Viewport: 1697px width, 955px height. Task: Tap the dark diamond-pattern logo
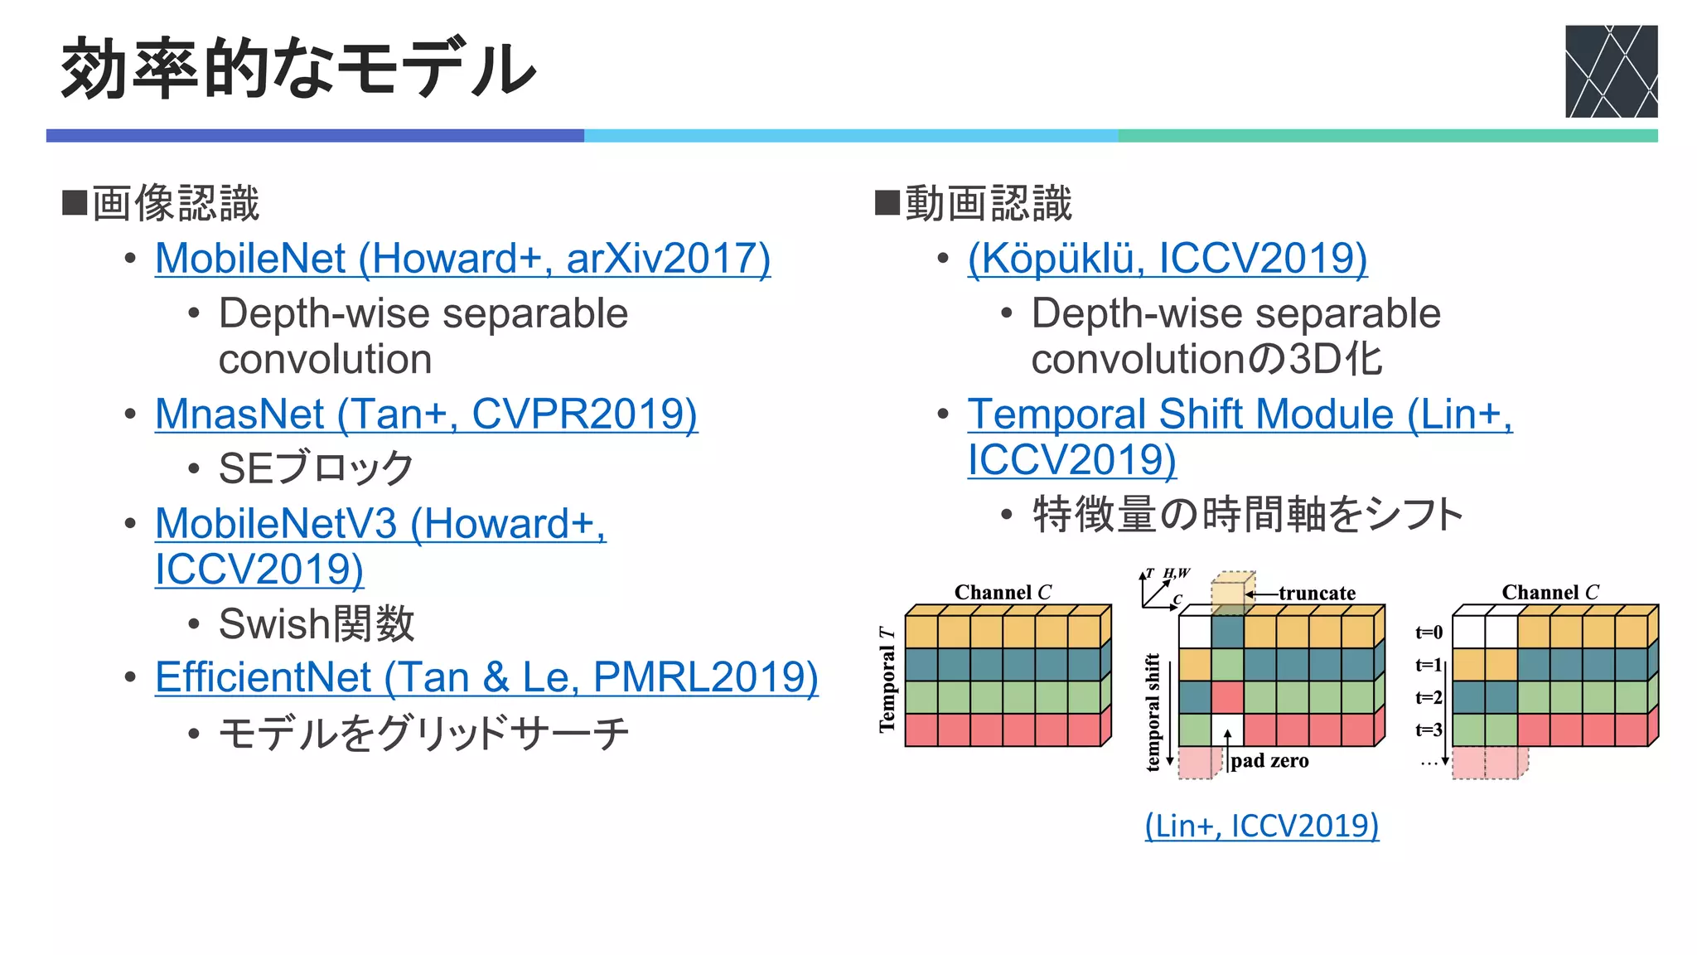(x=1611, y=71)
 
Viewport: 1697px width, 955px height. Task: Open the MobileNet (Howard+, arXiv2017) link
(x=462, y=259)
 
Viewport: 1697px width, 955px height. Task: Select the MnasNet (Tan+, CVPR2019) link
(x=426, y=414)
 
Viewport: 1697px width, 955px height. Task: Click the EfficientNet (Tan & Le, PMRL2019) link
(x=486, y=677)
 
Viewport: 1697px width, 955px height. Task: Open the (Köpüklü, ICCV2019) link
(x=1167, y=259)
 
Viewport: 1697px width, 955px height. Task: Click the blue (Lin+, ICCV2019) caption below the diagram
(x=1261, y=826)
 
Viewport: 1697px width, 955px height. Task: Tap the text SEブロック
(x=316, y=468)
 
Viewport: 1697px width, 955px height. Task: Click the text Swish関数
(x=316, y=623)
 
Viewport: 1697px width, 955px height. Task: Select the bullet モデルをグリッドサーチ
(x=423, y=734)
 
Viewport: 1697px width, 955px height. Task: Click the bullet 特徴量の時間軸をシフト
(x=1247, y=515)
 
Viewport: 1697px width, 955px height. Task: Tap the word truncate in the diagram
(x=1316, y=594)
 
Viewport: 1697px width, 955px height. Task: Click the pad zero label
(x=1269, y=761)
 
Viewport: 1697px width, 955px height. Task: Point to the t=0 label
(x=1429, y=633)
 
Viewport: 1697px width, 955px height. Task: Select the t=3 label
(x=1429, y=730)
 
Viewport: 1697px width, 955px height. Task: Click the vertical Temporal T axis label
(x=887, y=679)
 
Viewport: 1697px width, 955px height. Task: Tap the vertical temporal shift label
(x=1153, y=712)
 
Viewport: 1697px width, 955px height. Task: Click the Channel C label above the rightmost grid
(x=1550, y=592)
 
